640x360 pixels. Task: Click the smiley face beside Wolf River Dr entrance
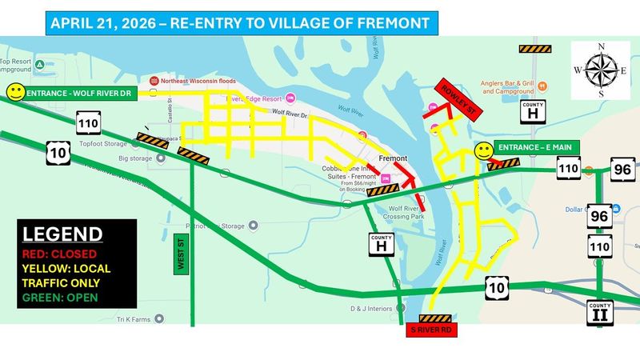14,93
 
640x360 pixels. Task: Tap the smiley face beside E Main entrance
482,150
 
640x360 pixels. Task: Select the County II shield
599,314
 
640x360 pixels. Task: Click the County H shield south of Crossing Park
382,246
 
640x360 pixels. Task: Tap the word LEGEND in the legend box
62,234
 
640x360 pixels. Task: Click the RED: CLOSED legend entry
61,254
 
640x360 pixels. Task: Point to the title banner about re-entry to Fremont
239,22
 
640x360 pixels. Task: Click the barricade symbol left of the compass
532,49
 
